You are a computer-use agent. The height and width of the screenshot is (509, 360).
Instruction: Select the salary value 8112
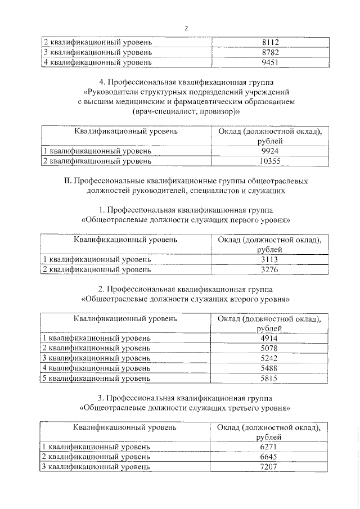(x=271, y=42)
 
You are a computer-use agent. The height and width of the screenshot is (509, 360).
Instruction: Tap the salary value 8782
(x=271, y=52)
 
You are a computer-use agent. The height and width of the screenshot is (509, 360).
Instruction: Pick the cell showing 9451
(x=271, y=62)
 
